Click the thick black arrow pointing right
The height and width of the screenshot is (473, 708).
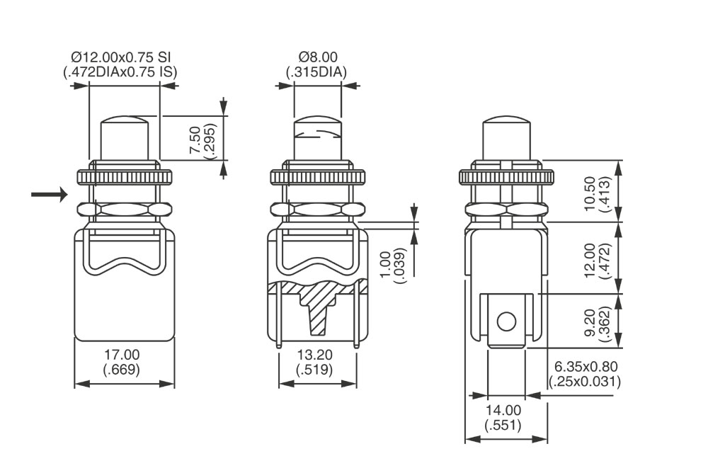(x=50, y=195)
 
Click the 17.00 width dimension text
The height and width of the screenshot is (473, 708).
(x=122, y=354)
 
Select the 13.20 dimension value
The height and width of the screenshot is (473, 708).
(x=315, y=354)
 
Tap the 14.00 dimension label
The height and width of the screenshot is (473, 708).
(x=503, y=410)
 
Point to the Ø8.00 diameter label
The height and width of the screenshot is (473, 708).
(x=318, y=57)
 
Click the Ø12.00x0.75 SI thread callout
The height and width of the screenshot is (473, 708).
(x=121, y=57)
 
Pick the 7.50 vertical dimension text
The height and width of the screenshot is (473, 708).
(x=195, y=140)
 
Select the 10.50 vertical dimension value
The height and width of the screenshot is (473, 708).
(x=590, y=194)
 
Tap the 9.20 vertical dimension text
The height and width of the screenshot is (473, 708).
(x=590, y=321)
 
